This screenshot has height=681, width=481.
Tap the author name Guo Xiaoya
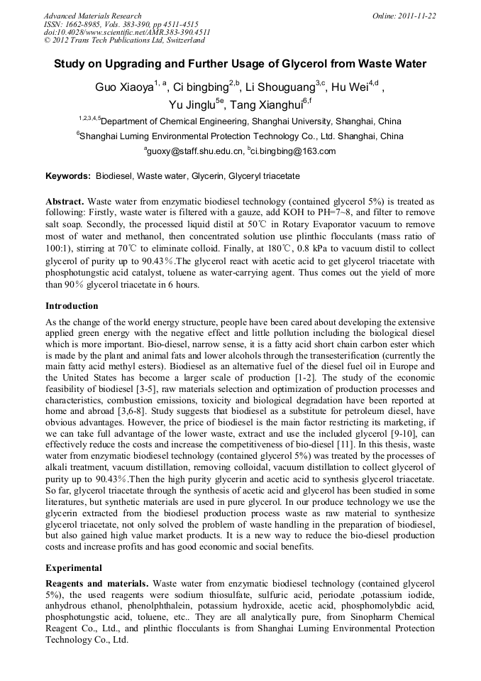(x=125, y=88)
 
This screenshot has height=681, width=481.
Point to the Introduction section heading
(x=72, y=306)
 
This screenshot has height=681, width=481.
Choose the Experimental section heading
(x=74, y=568)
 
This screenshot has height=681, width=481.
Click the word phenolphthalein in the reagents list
(x=145, y=606)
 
